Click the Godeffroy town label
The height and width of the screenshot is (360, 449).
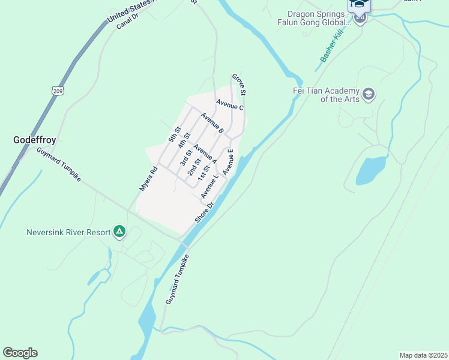click(x=35, y=140)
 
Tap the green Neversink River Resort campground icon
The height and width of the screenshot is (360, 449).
click(x=119, y=231)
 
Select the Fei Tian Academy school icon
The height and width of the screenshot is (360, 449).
click(x=369, y=94)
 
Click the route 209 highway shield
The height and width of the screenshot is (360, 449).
click(x=58, y=91)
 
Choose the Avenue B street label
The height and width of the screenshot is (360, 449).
click(x=212, y=123)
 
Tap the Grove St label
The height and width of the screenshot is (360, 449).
click(x=239, y=85)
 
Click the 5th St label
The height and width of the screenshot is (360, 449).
click(x=175, y=135)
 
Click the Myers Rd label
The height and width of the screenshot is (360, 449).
click(x=148, y=179)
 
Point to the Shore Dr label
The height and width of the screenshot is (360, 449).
click(x=204, y=212)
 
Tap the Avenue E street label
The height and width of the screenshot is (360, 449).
click(x=228, y=162)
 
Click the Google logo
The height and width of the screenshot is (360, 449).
click(x=20, y=352)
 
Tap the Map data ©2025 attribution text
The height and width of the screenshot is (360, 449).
click(x=423, y=355)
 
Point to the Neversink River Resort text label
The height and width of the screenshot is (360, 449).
click(x=69, y=232)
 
